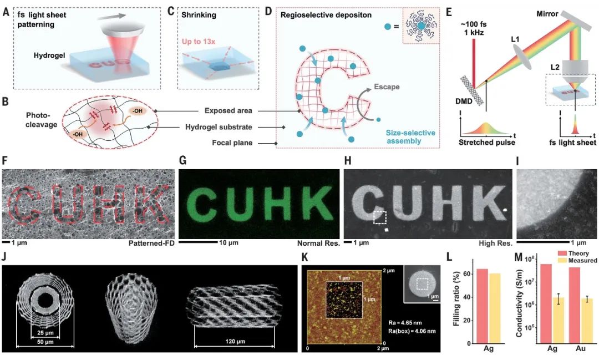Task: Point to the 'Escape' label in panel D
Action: (386, 87)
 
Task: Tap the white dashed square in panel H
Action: (380, 216)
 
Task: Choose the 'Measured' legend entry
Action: (582, 260)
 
